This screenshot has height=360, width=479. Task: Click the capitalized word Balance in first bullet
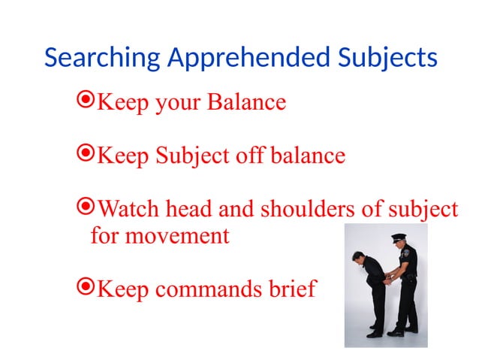click(x=249, y=101)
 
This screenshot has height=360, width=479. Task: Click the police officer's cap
click(x=399, y=237)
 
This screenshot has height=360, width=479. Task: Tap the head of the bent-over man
click(x=359, y=259)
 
